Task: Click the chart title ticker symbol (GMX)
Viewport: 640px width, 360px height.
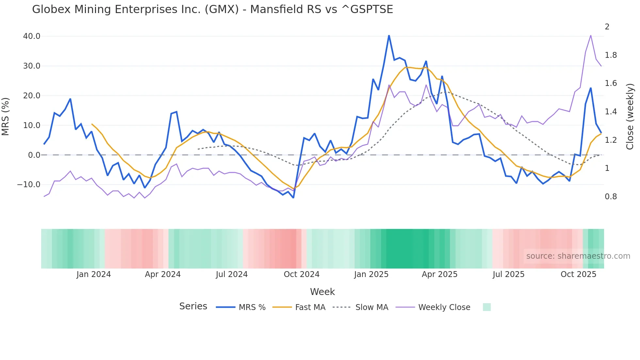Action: [x=222, y=9]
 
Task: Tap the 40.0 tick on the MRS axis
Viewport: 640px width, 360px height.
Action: [x=32, y=36]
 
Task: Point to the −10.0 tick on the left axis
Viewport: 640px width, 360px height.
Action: [x=29, y=185]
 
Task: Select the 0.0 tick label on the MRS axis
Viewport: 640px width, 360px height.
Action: [x=34, y=155]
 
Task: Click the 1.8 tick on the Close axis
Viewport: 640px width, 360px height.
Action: [x=611, y=55]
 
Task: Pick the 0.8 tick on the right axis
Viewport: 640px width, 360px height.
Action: [x=611, y=197]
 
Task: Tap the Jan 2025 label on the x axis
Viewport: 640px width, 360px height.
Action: [x=371, y=274]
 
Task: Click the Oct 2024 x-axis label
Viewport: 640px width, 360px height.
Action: [x=301, y=274]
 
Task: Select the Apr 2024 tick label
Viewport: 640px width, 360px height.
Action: [x=163, y=274]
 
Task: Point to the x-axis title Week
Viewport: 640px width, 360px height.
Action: [x=322, y=292]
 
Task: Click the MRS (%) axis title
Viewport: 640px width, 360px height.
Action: [x=6, y=117]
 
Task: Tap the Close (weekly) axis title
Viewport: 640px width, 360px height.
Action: [x=630, y=117]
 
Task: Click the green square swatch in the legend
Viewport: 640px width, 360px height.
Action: [x=487, y=307]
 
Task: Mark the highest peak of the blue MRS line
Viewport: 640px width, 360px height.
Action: [x=389, y=35]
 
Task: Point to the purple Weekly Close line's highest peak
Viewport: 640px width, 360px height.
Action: [x=591, y=35]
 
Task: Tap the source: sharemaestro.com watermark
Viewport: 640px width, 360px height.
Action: [x=578, y=256]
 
